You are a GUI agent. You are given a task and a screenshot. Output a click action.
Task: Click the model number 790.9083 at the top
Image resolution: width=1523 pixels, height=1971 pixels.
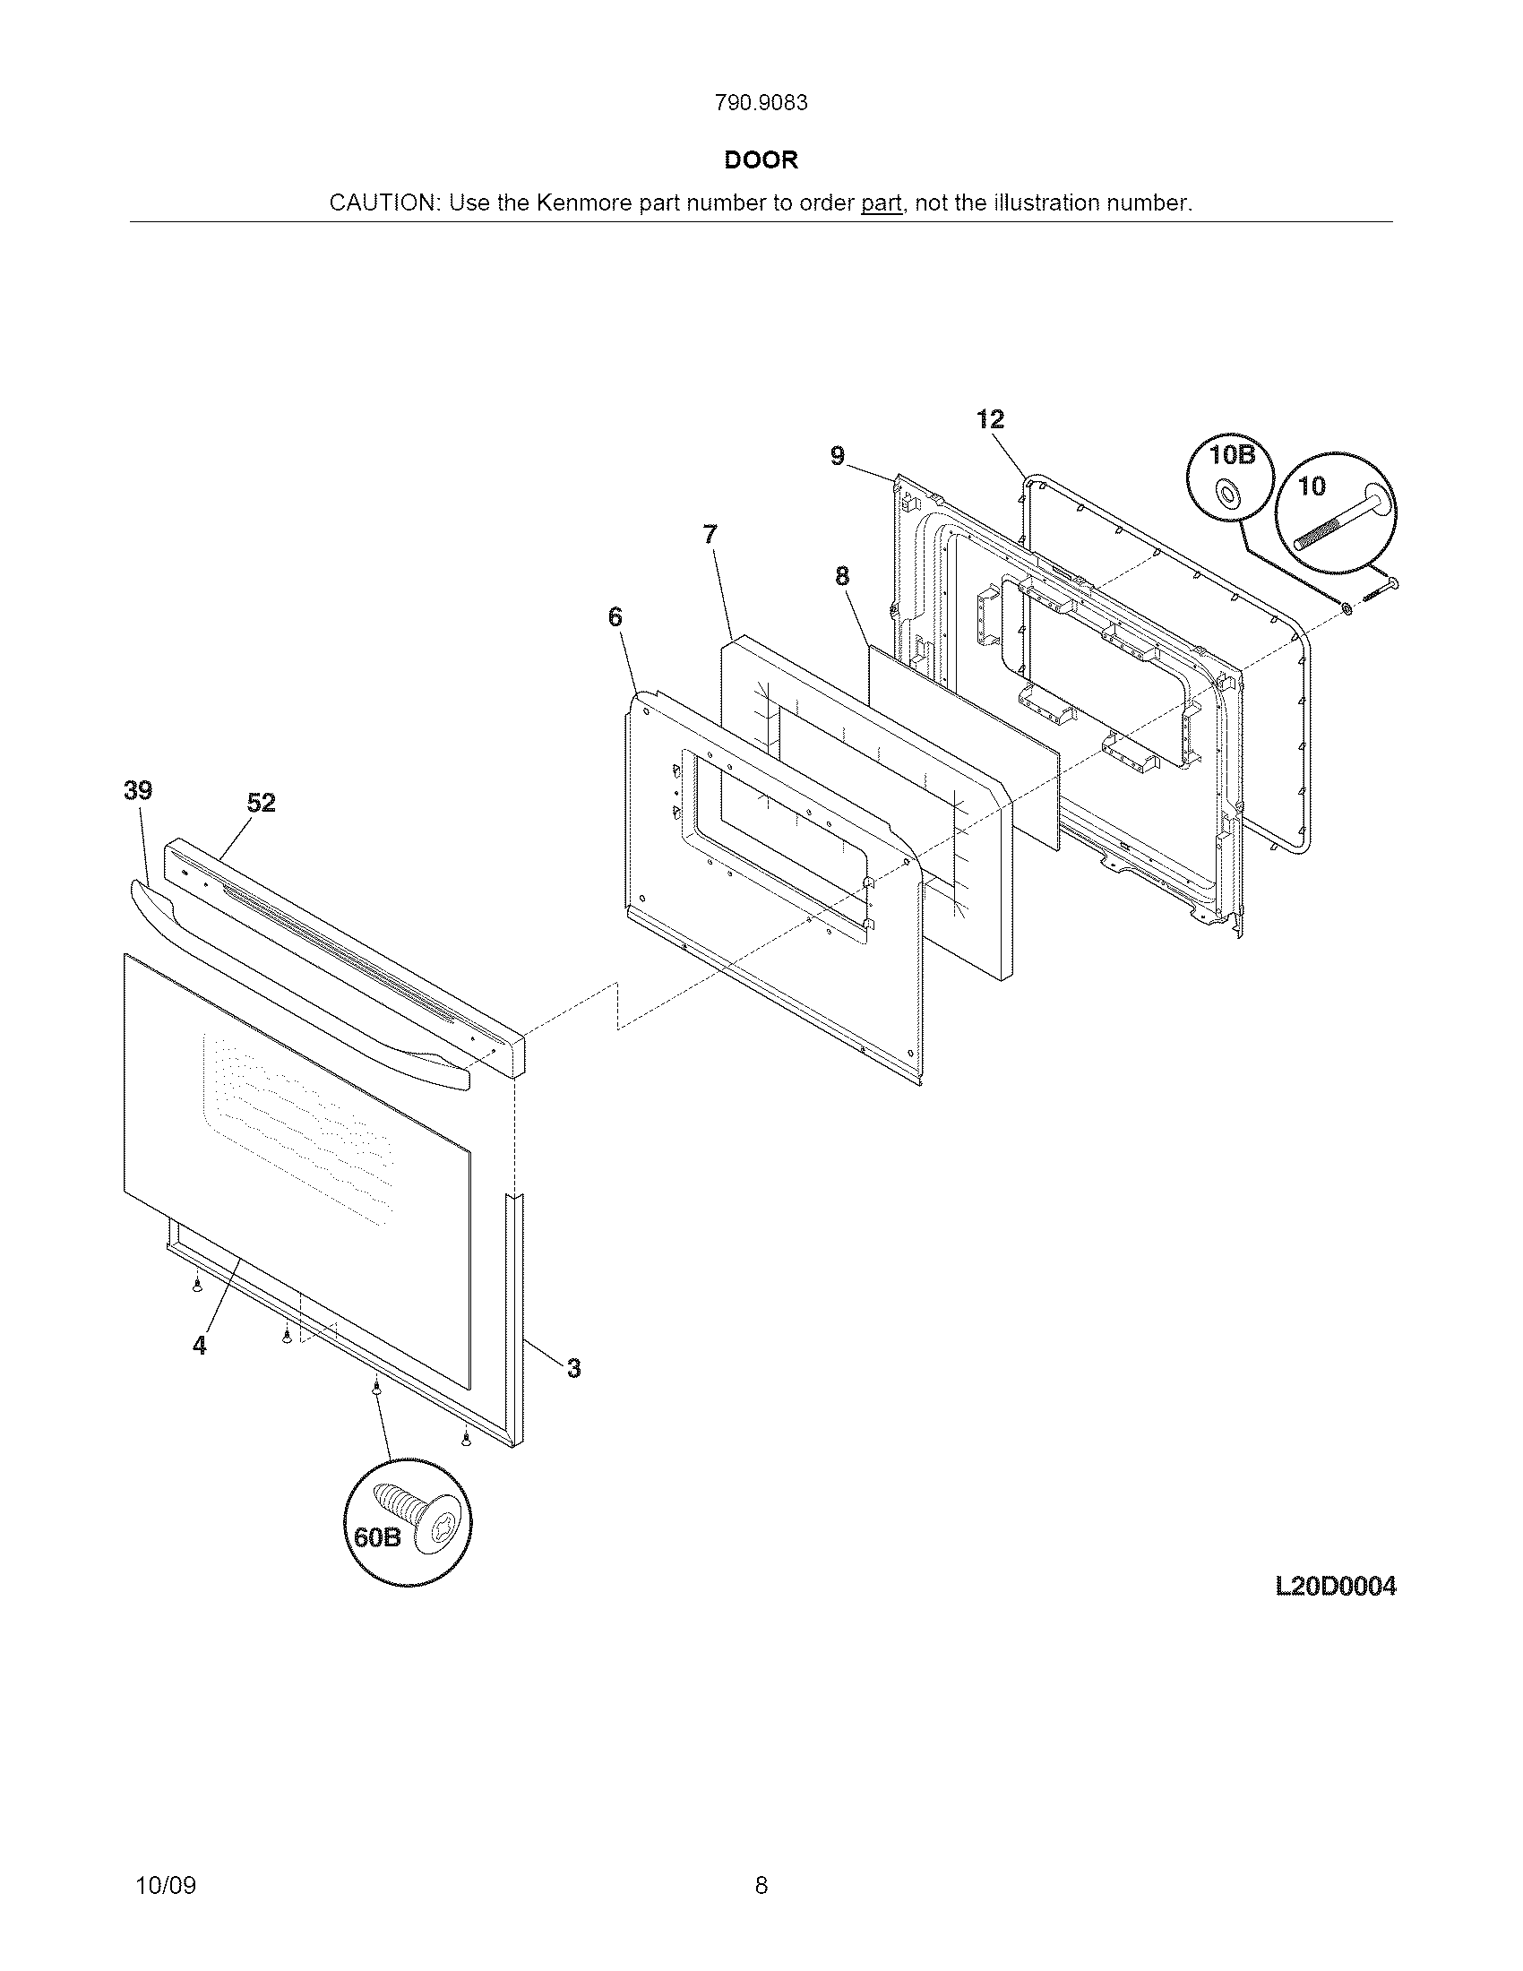pos(761,104)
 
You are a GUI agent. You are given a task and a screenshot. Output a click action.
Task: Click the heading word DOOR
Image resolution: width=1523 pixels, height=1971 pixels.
pos(761,160)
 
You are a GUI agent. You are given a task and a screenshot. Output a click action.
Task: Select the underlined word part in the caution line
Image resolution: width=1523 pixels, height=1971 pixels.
pos(881,204)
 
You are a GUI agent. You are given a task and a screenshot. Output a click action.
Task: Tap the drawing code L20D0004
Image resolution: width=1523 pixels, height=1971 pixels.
pos(1336,1586)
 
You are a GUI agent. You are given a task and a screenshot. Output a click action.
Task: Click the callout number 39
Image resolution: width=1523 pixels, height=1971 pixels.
pos(138,790)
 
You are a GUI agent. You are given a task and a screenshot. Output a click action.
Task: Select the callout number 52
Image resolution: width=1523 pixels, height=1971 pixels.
pos(261,803)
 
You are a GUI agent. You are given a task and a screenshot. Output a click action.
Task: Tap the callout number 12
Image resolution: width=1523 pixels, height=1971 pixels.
pos(990,419)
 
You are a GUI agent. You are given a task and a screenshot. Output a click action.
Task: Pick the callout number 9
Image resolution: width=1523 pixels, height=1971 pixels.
pos(838,457)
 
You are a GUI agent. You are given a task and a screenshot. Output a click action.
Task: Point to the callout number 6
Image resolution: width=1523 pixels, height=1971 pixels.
pos(615,617)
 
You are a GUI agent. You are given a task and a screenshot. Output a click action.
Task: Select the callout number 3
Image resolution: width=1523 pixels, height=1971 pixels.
pos(574,1369)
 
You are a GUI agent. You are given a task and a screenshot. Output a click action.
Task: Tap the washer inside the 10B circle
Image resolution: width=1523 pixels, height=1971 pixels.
pos(1226,493)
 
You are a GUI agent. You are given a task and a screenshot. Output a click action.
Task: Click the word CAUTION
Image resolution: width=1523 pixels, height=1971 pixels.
pos(383,204)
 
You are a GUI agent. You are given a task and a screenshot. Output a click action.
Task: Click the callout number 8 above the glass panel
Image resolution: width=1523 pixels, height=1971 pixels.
pos(842,577)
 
